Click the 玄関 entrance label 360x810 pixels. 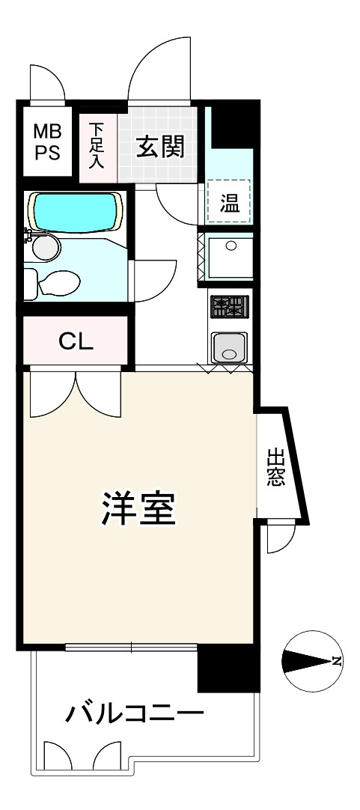[x=159, y=147]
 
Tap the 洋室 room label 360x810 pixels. [x=138, y=509]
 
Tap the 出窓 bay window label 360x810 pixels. [x=275, y=467]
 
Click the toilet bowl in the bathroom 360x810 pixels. [x=58, y=283]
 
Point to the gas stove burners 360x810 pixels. [x=228, y=307]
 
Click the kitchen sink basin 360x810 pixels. [x=229, y=347]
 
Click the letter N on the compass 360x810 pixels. [x=337, y=660]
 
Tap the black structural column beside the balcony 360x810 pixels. [x=229, y=669]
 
